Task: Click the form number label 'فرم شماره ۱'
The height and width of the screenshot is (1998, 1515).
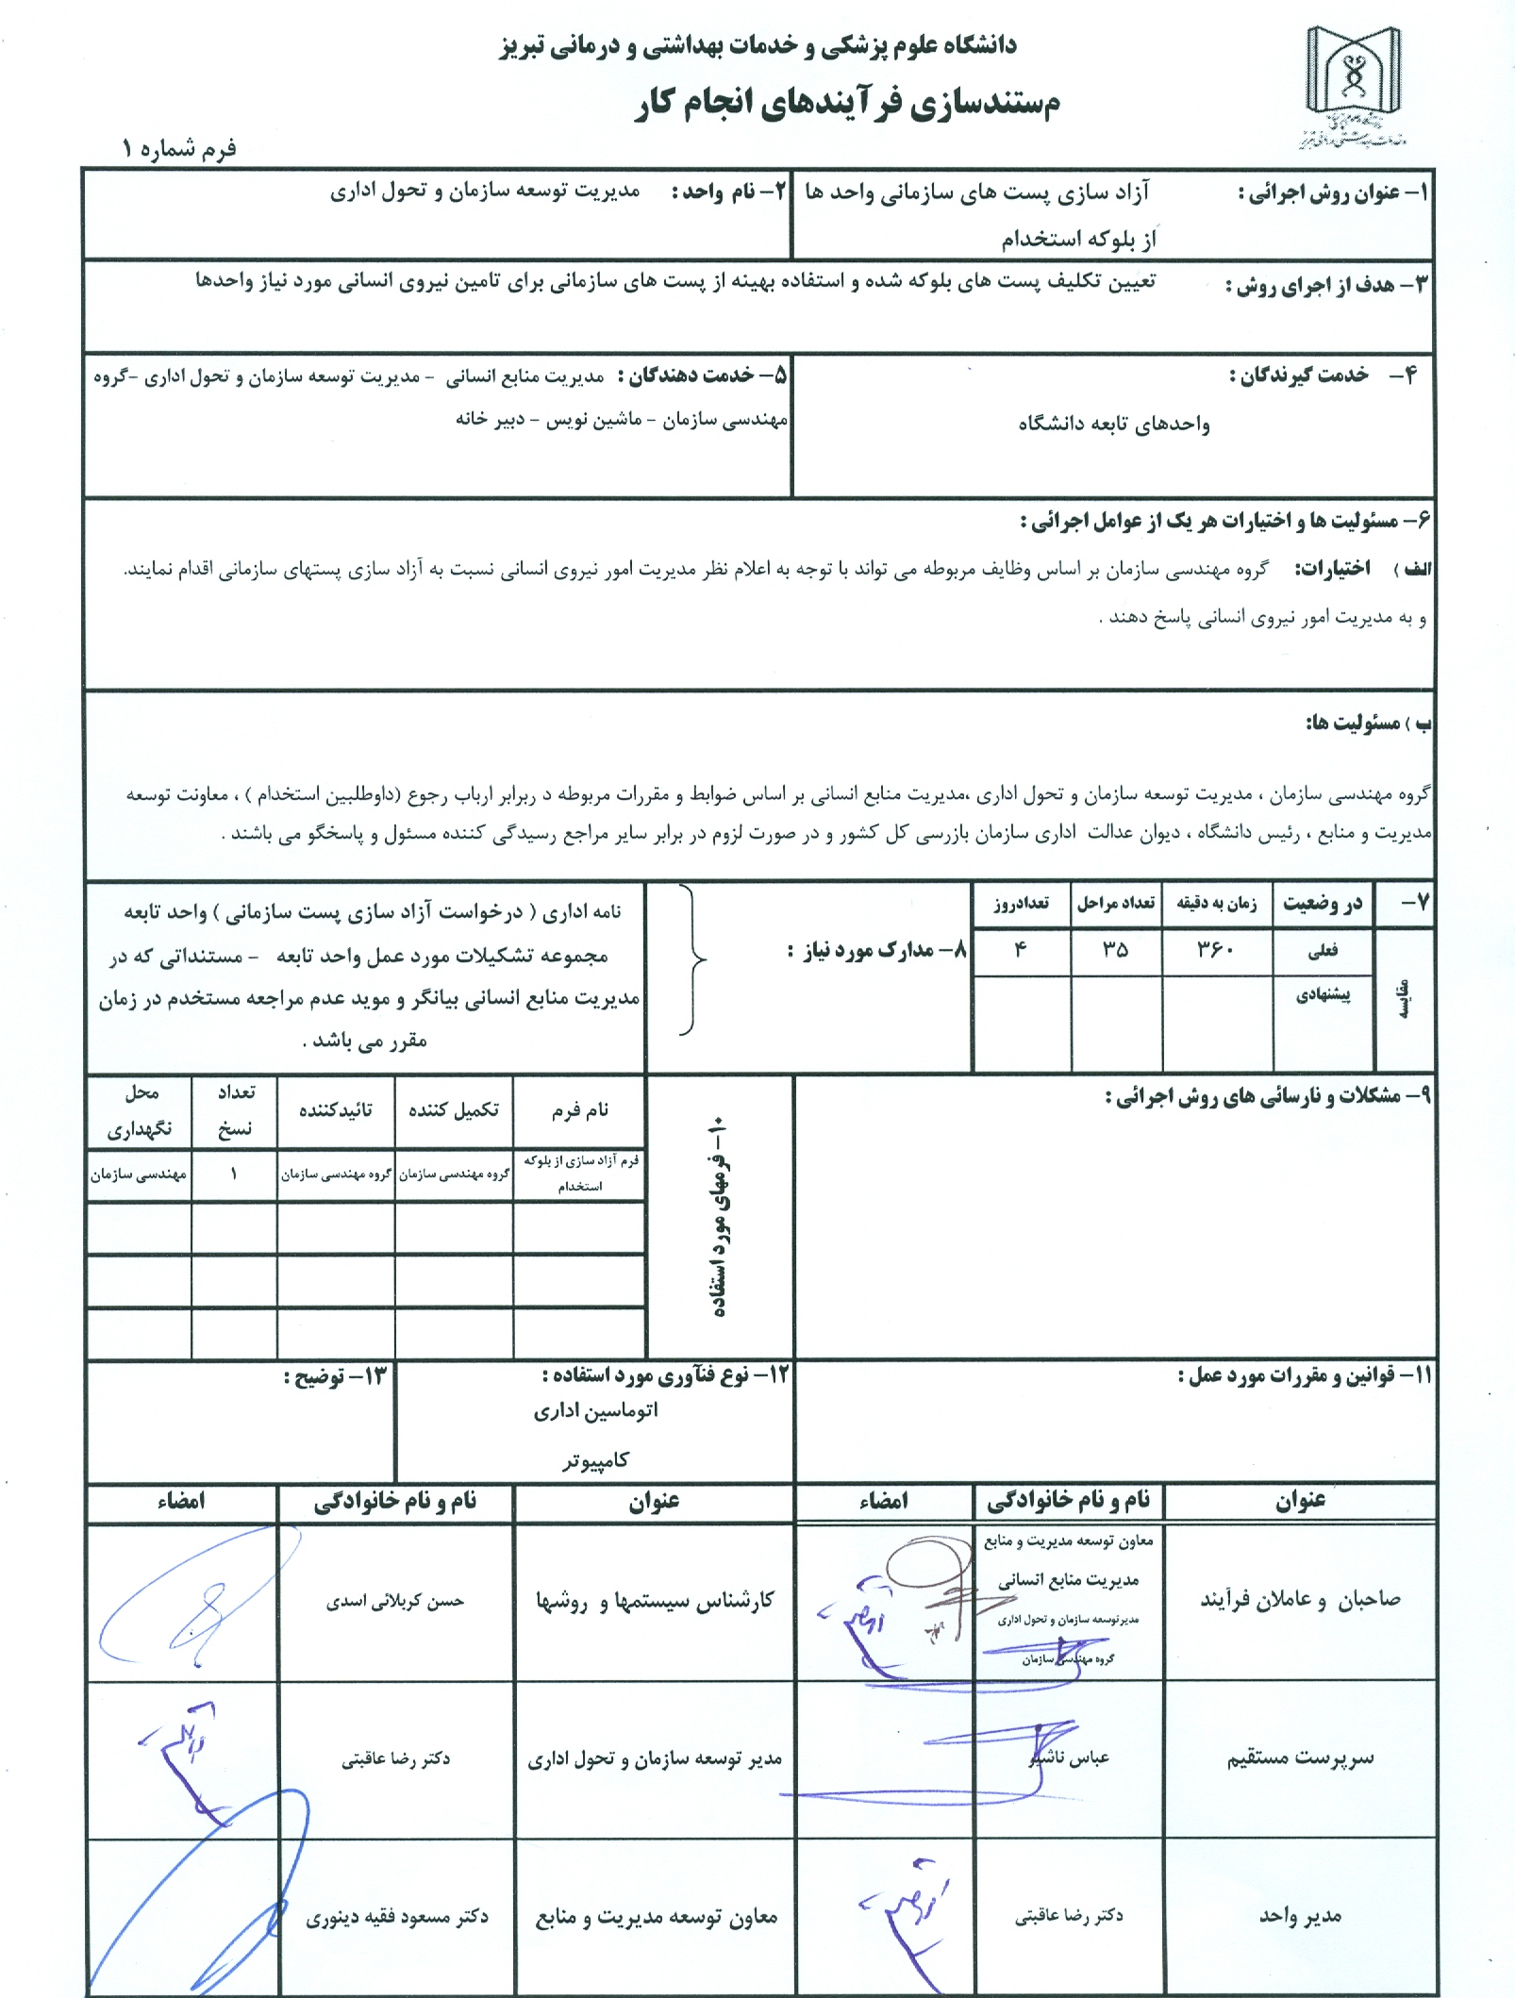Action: pyautogui.click(x=178, y=149)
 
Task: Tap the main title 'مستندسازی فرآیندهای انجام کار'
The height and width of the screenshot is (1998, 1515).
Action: pyautogui.click(x=847, y=102)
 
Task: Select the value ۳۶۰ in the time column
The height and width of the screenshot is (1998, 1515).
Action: pyautogui.click(x=1216, y=950)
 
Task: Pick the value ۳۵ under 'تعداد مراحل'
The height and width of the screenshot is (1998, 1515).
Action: pyautogui.click(x=1116, y=950)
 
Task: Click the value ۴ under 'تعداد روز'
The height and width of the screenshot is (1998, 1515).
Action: pyautogui.click(x=1020, y=950)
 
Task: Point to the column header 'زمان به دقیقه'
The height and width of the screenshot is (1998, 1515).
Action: pyautogui.click(x=1216, y=904)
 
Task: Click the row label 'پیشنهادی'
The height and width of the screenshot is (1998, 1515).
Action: pyautogui.click(x=1323, y=995)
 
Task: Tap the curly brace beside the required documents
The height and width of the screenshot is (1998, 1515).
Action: pyautogui.click(x=693, y=960)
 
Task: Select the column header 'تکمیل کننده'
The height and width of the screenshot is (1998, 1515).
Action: pyautogui.click(x=454, y=1110)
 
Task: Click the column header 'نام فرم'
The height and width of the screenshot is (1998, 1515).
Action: pyautogui.click(x=579, y=1110)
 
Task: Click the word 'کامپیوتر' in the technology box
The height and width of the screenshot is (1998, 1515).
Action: pyautogui.click(x=595, y=1460)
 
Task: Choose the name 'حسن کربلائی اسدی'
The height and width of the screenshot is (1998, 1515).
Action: pyautogui.click(x=395, y=1601)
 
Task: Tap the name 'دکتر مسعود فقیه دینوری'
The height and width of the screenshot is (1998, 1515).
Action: pyautogui.click(x=396, y=1917)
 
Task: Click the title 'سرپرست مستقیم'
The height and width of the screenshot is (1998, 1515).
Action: pyautogui.click(x=1300, y=1757)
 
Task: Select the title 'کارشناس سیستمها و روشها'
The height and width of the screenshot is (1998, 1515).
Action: pyautogui.click(x=654, y=1601)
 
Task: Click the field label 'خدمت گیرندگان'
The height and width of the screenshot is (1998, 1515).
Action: pyautogui.click(x=1298, y=375)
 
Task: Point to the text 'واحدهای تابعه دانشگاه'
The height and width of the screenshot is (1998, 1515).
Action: pyautogui.click(x=1113, y=424)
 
